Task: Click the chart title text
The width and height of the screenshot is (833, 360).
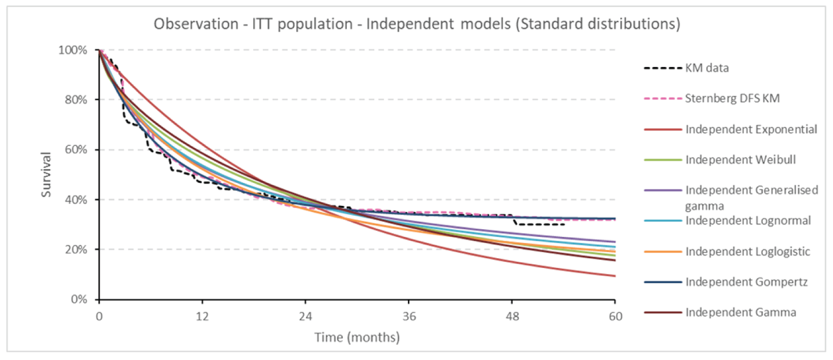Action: click(416, 25)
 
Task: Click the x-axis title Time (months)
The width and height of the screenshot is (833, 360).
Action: click(357, 338)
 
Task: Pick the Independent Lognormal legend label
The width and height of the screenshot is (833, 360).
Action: click(748, 221)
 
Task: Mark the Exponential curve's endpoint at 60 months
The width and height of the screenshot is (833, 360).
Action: click(615, 276)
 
